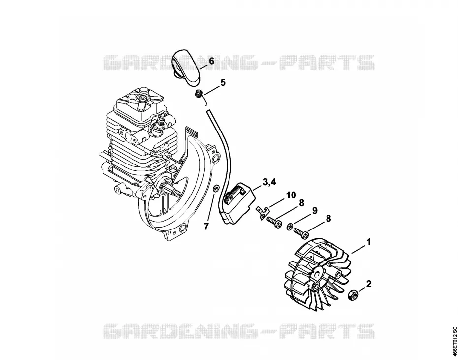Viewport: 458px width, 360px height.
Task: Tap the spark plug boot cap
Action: click(186, 67)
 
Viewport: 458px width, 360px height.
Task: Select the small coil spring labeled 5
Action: click(199, 95)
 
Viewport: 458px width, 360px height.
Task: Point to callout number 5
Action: click(223, 83)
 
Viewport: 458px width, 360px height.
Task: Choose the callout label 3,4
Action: click(269, 182)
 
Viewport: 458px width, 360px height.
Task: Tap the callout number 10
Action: click(291, 195)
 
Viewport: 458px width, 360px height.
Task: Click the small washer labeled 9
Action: click(290, 226)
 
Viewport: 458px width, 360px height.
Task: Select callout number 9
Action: click(315, 211)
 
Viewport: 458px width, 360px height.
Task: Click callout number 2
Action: click(369, 284)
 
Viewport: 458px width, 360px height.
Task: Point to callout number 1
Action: click(369, 242)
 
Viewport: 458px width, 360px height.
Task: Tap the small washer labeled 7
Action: click(215, 188)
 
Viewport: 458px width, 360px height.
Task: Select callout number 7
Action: click(206, 227)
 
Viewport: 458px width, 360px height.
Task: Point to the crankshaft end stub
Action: click(173, 192)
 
